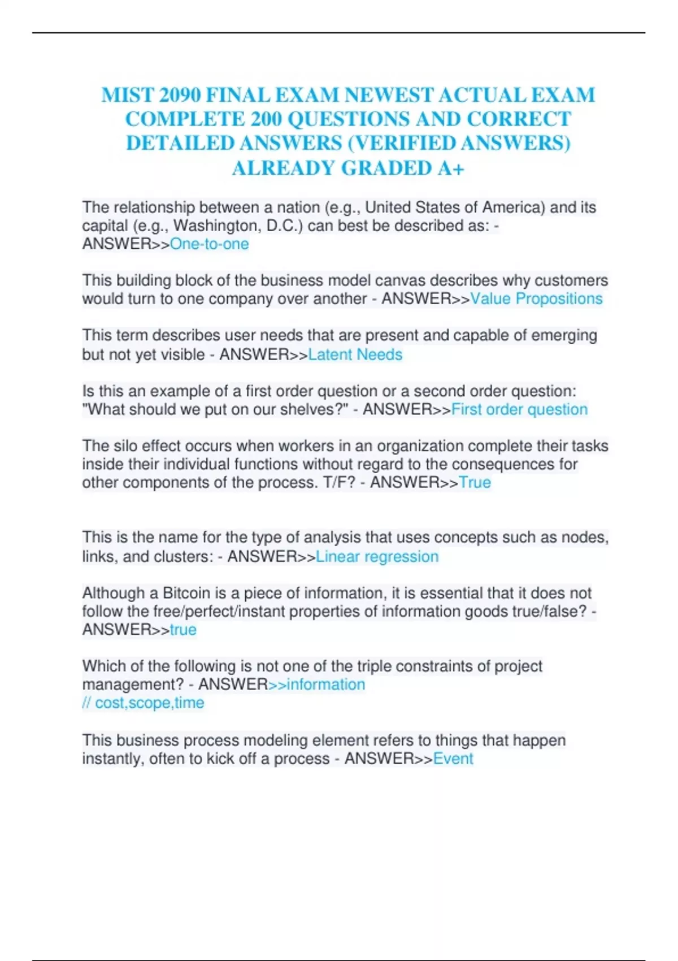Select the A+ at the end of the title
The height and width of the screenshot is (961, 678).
tap(450, 168)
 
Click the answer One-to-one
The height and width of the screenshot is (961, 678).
tap(209, 244)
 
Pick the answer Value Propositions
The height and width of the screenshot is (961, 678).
tap(536, 298)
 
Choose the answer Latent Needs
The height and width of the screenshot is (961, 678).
tap(355, 354)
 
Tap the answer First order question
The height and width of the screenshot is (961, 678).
tap(519, 409)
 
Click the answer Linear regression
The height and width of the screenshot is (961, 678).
tap(377, 557)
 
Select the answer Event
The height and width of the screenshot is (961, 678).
tap(453, 759)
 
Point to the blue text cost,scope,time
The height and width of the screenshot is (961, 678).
tap(149, 703)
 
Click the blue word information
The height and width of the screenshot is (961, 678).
tap(326, 685)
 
